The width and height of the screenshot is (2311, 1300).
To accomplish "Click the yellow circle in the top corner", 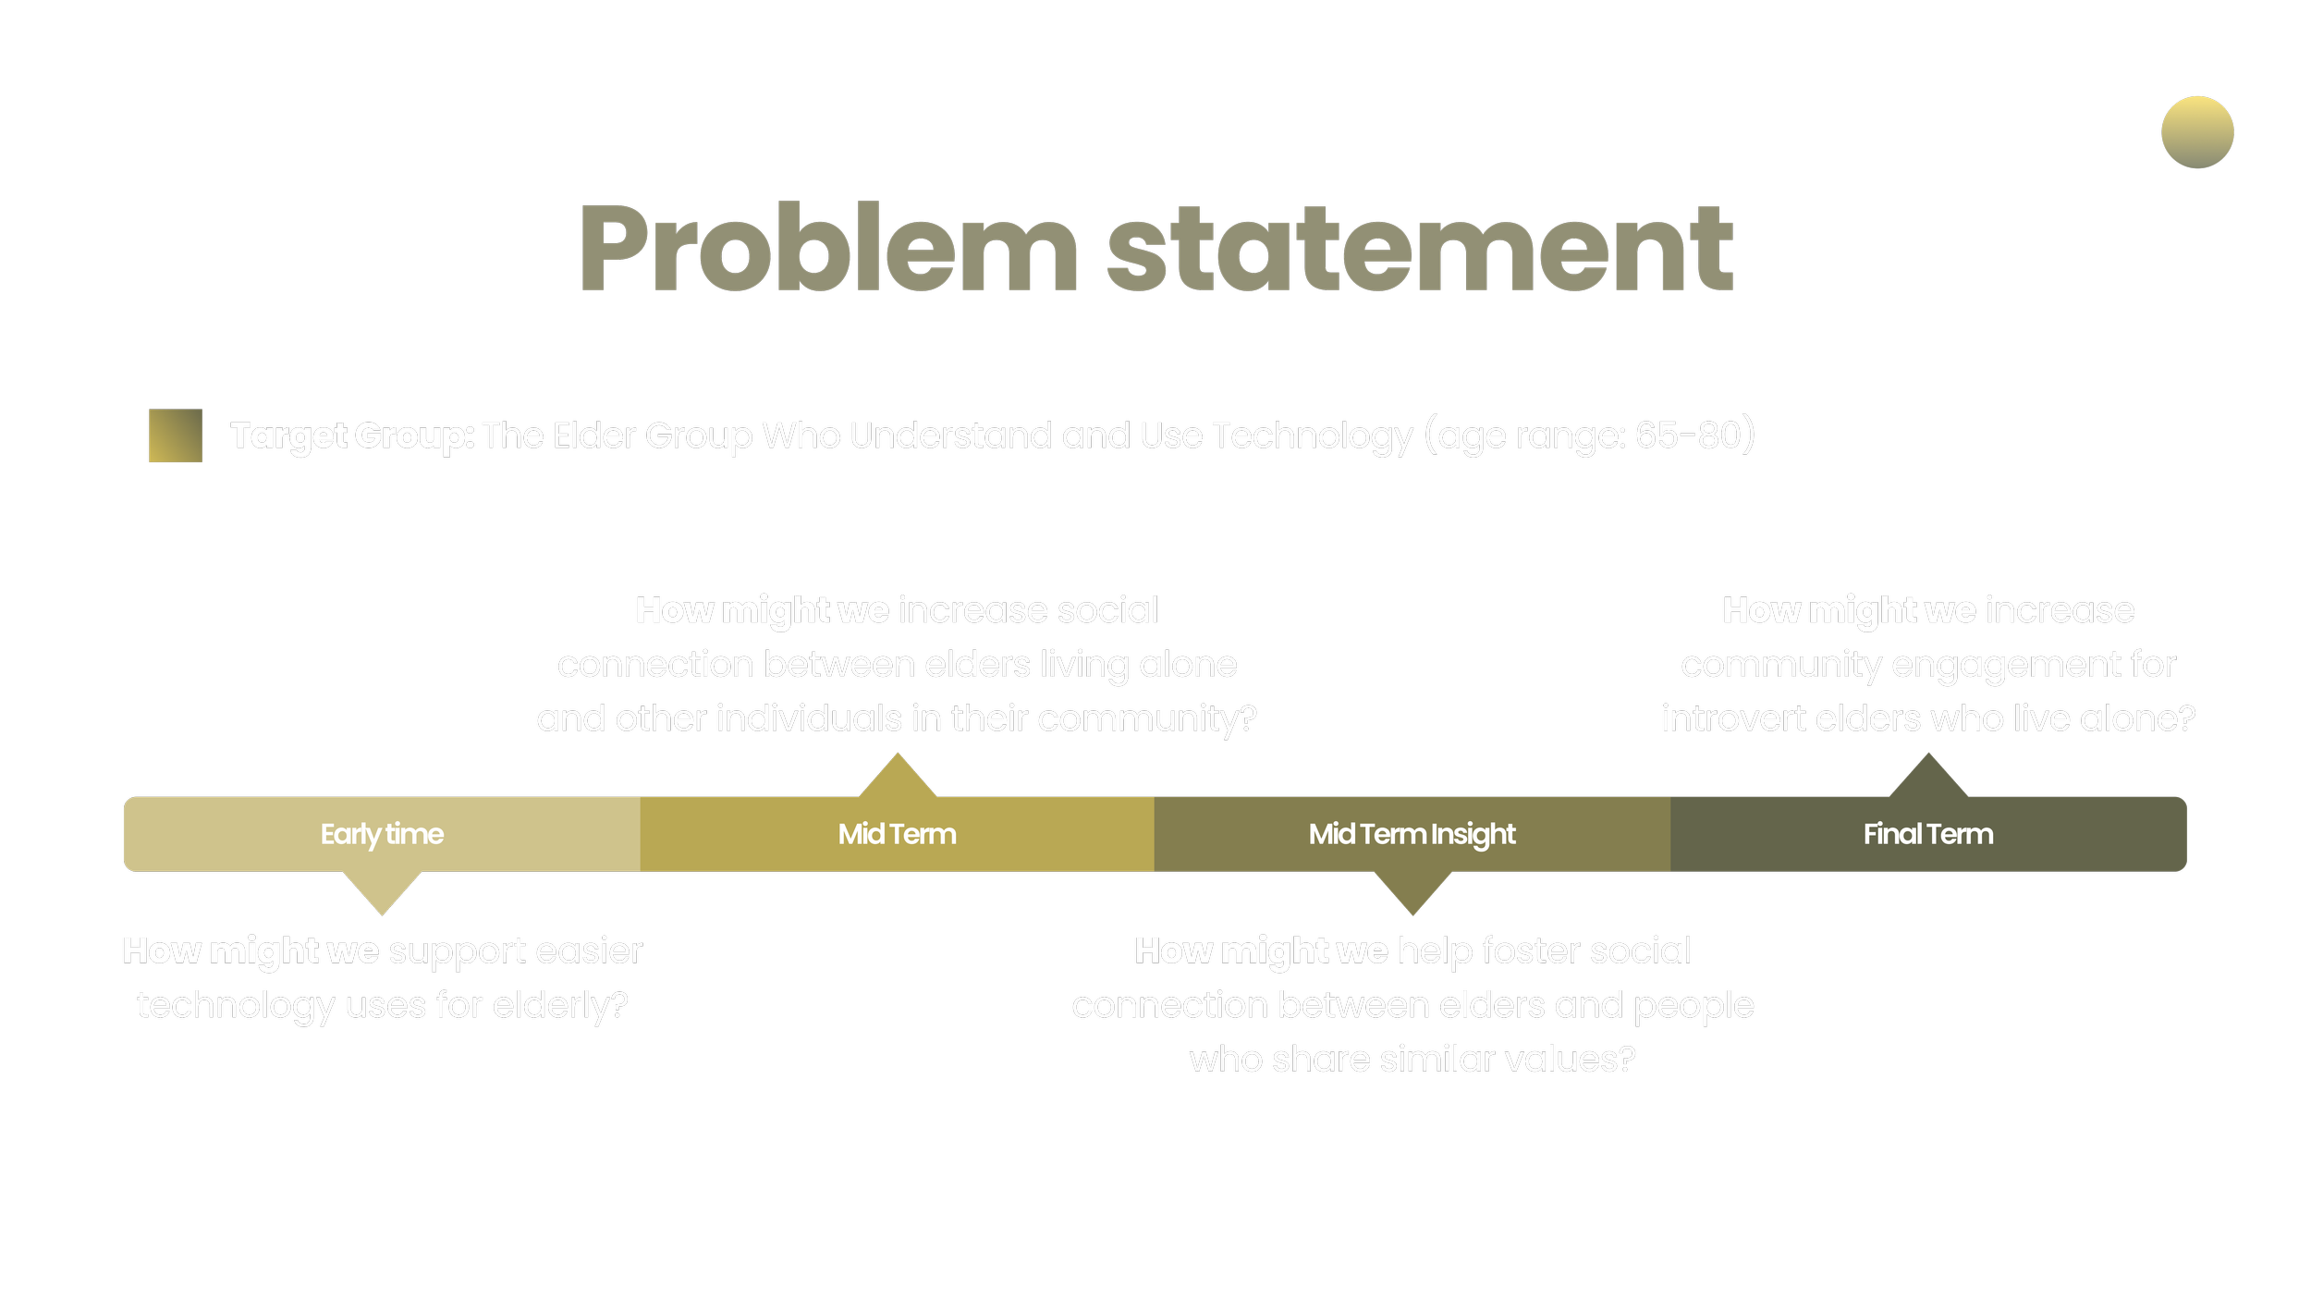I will tap(2197, 132).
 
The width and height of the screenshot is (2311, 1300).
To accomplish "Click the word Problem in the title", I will tap(827, 248).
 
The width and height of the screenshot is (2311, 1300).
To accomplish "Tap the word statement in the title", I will tap(1419, 248).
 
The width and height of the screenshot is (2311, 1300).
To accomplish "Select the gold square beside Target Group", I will tap(176, 435).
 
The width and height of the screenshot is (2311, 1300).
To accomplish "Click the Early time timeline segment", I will tap(382, 834).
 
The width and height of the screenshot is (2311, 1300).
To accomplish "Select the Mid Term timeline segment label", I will tap(897, 834).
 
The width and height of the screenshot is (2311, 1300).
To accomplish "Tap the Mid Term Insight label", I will tap(1412, 834).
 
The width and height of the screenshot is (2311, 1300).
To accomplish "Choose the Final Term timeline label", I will tap(1927, 834).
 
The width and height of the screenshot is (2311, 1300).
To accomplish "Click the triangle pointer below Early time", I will tap(382, 890).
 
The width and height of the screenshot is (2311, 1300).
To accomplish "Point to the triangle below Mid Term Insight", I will tap(1412, 890).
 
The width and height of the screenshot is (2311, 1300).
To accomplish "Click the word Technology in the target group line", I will tap(1312, 435).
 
